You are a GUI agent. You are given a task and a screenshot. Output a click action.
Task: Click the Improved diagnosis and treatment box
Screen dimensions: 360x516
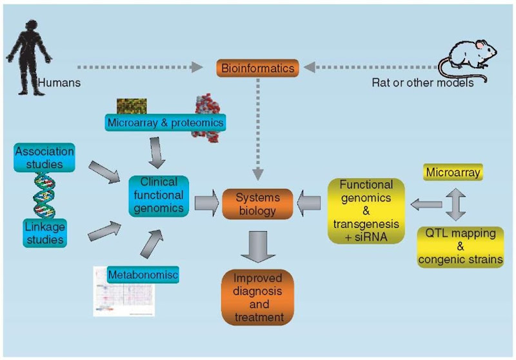(x=257, y=297)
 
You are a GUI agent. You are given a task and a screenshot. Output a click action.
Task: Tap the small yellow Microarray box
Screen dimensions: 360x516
(x=452, y=172)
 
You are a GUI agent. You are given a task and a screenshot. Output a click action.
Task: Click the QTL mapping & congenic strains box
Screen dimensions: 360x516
(x=460, y=246)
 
